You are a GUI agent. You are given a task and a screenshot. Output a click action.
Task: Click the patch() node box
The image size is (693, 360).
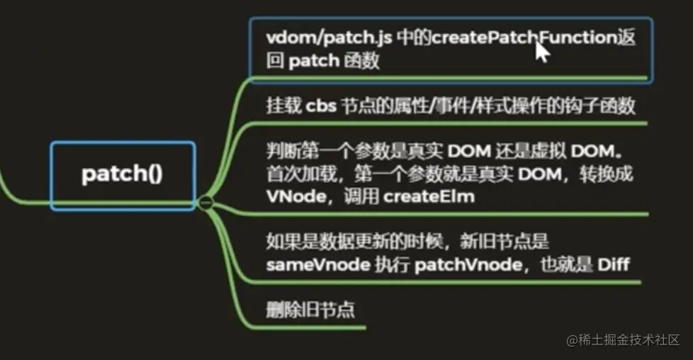(122, 174)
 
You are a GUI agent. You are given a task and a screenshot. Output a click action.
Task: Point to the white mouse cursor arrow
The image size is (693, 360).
(542, 52)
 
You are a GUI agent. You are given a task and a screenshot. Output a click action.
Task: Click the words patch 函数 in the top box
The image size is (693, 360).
(334, 61)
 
